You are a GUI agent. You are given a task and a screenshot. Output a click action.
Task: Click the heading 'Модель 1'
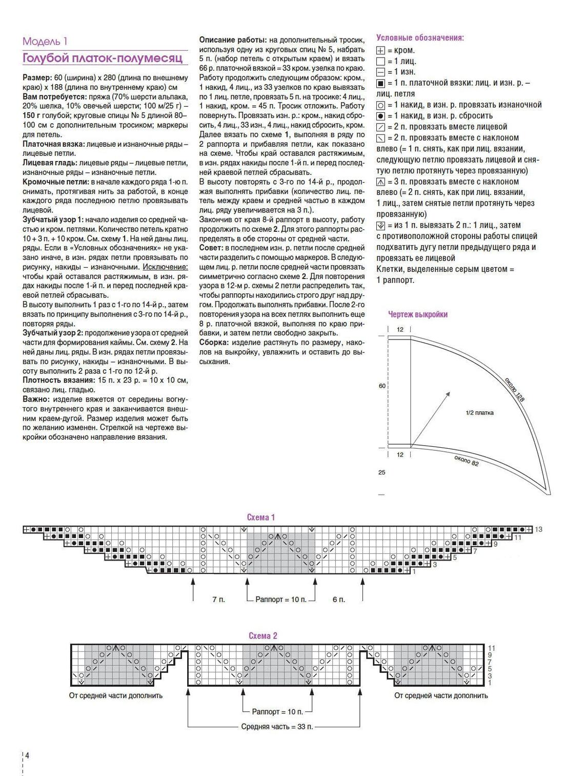coord(45,42)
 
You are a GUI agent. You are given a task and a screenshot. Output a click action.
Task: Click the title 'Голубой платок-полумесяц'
coord(103,58)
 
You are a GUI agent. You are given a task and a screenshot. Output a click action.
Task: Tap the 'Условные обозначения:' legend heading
coord(420,37)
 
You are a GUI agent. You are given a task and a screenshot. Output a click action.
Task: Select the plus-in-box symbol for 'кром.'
coord(380,50)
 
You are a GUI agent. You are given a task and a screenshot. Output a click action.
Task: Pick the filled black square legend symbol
coord(380,83)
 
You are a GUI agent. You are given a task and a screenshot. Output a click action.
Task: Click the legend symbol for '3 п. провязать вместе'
coord(380,182)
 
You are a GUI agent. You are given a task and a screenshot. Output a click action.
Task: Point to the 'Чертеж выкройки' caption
coord(418,314)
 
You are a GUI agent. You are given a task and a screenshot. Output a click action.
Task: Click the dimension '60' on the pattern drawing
coord(382,386)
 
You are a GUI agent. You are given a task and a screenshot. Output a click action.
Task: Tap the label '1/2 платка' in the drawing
coord(479,412)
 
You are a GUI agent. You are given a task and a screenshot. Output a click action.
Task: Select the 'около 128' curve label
coord(514,390)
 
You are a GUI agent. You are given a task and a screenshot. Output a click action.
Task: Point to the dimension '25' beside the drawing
coord(381,472)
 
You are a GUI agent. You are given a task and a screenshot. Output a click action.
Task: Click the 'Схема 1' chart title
coord(260,517)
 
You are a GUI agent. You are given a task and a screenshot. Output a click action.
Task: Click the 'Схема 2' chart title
coord(263,635)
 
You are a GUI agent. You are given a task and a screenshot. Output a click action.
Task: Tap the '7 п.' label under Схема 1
coord(218,599)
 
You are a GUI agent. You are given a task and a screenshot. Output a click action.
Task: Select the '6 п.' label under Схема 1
coord(338,599)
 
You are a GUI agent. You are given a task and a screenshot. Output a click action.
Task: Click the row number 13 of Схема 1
coord(538,529)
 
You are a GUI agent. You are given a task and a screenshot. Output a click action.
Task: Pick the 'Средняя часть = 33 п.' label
coord(277,726)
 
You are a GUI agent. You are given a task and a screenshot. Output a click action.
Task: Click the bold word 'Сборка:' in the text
coord(214,342)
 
